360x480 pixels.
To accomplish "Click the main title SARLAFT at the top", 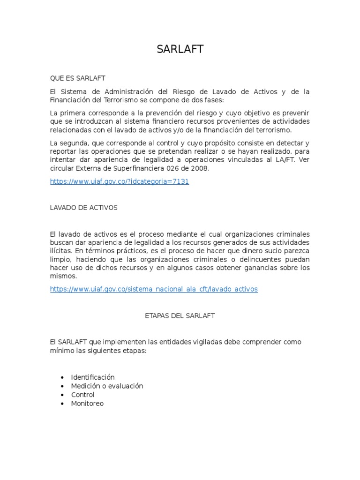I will click(x=180, y=49).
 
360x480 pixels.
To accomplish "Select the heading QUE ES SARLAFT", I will click(x=77, y=78).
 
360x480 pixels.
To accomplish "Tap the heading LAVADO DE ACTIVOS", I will click(x=83, y=208).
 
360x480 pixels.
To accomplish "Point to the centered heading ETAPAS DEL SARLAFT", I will click(x=180, y=316).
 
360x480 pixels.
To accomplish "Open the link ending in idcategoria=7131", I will click(x=119, y=181).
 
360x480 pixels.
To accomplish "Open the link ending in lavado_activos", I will click(x=154, y=289).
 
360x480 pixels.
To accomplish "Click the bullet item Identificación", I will click(x=93, y=377).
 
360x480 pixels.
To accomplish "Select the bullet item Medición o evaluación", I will click(x=107, y=386).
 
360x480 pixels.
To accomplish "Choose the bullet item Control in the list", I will click(x=82, y=395).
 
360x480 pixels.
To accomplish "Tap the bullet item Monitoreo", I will click(x=87, y=403).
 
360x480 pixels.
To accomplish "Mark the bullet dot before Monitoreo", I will click(x=63, y=404).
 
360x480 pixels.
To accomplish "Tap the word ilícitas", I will click(x=61, y=251).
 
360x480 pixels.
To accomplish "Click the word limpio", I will click(x=60, y=259).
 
